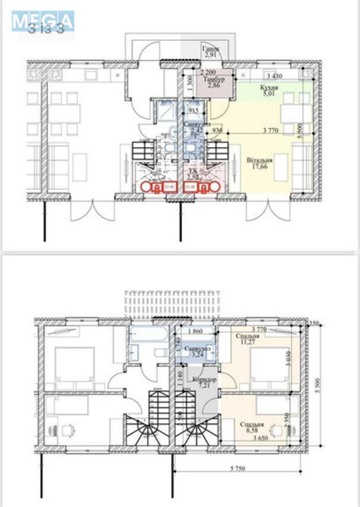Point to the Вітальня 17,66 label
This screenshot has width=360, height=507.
point(260,164)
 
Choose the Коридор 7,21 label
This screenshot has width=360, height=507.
point(207,382)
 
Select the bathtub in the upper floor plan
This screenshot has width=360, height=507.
point(150,337)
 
